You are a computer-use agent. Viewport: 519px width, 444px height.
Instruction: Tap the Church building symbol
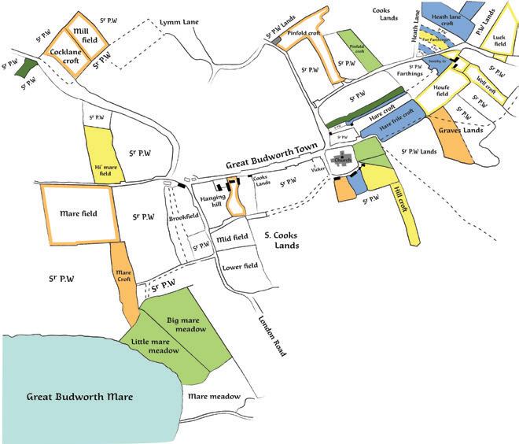coord(343,160)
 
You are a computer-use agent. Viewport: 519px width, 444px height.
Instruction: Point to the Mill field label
coord(84,34)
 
